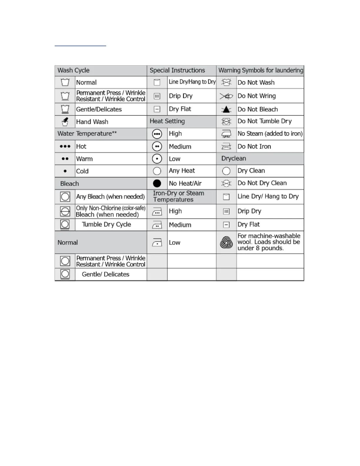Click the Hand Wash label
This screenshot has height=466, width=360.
92,122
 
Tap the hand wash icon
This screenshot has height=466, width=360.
65,122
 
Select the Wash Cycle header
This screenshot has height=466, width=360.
74,70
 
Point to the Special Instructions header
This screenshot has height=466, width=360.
177,70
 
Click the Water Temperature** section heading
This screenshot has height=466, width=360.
87,134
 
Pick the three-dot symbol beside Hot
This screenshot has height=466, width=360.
65,146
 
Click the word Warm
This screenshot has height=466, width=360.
84,159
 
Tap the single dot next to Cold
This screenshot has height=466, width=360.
65,171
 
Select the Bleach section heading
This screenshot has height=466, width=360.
69,184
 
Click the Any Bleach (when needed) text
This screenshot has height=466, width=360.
110,197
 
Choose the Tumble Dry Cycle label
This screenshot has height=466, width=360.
106,224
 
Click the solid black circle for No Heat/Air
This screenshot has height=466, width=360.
157,183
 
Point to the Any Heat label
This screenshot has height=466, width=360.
182,171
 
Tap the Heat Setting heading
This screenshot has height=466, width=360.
167,121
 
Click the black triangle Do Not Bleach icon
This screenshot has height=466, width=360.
226,109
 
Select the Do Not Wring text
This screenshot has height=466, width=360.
256,96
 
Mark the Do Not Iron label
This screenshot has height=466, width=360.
254,147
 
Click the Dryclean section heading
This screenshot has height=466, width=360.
234,159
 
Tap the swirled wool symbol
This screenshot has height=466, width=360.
226,242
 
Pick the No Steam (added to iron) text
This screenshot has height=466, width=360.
270,134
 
